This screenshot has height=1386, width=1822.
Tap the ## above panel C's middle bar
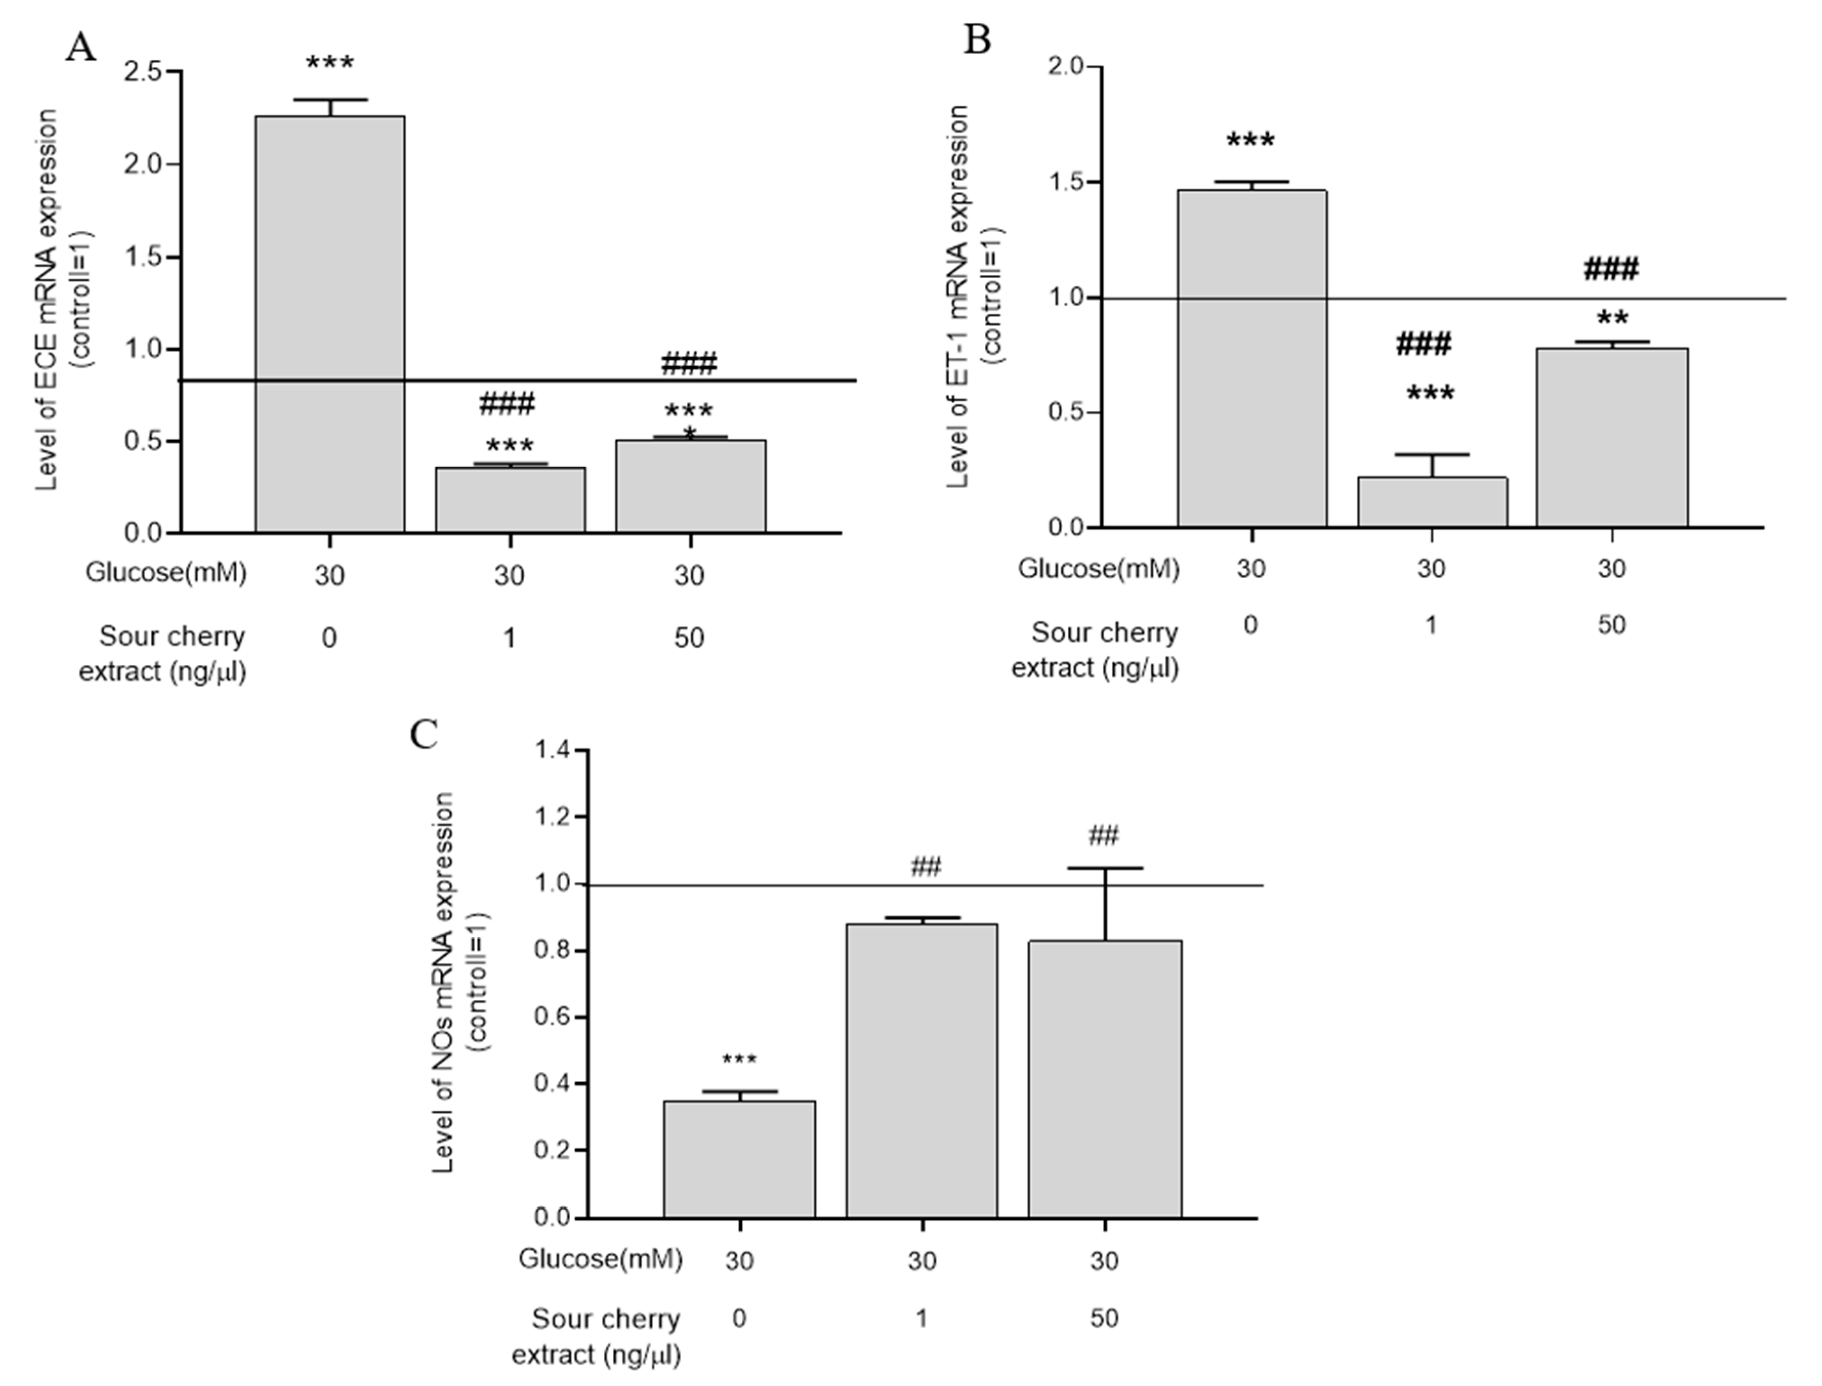[x=926, y=867]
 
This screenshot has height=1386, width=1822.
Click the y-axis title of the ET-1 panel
[x=974, y=297]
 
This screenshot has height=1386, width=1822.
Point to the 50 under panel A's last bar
[x=689, y=638]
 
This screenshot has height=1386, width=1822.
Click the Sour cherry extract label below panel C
[x=597, y=1336]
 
